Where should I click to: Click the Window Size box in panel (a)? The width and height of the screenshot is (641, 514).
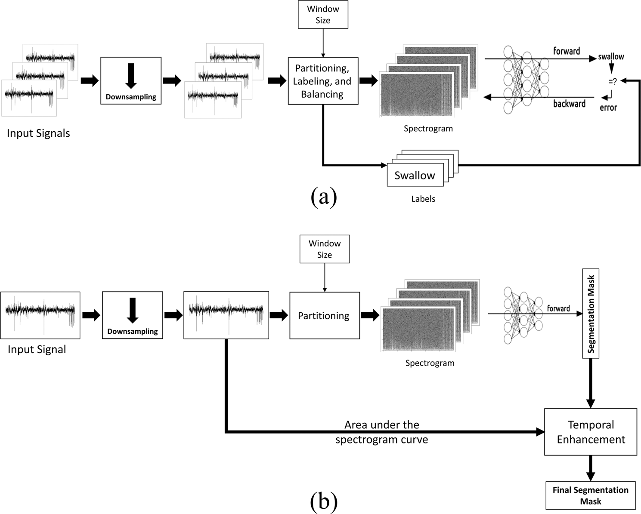pos(323,15)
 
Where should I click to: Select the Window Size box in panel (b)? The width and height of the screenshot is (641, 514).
pos(324,249)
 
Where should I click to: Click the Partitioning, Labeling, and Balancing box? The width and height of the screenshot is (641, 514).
pos(323,81)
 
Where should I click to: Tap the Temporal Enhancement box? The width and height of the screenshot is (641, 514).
pos(591,432)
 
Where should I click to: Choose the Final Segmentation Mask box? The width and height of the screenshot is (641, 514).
pos(590,496)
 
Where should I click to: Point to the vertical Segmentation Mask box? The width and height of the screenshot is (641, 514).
pos(591,314)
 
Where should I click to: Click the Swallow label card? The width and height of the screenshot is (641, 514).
pos(415,175)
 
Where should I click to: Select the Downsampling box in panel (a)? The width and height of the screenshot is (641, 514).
pos(131,81)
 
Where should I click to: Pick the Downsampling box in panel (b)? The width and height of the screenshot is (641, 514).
pos(133,315)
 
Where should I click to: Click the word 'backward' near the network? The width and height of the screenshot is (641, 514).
pos(569,104)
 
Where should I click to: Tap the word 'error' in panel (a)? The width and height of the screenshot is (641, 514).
pos(608,108)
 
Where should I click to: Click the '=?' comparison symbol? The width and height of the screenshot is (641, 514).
pos(612,81)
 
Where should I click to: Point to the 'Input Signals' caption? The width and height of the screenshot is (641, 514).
pos(38,133)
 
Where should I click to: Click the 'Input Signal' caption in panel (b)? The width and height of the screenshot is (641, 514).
pos(37,349)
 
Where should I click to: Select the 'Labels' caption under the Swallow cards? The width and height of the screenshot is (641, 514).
pos(423,199)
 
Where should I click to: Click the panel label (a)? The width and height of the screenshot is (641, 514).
pos(323,197)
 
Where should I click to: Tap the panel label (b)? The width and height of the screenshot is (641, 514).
pos(323,501)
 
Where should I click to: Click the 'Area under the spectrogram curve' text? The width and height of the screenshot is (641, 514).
pos(381,432)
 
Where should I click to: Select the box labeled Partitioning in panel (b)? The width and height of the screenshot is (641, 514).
pos(324,316)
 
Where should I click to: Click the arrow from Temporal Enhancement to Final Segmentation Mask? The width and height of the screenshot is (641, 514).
pos(591,468)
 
